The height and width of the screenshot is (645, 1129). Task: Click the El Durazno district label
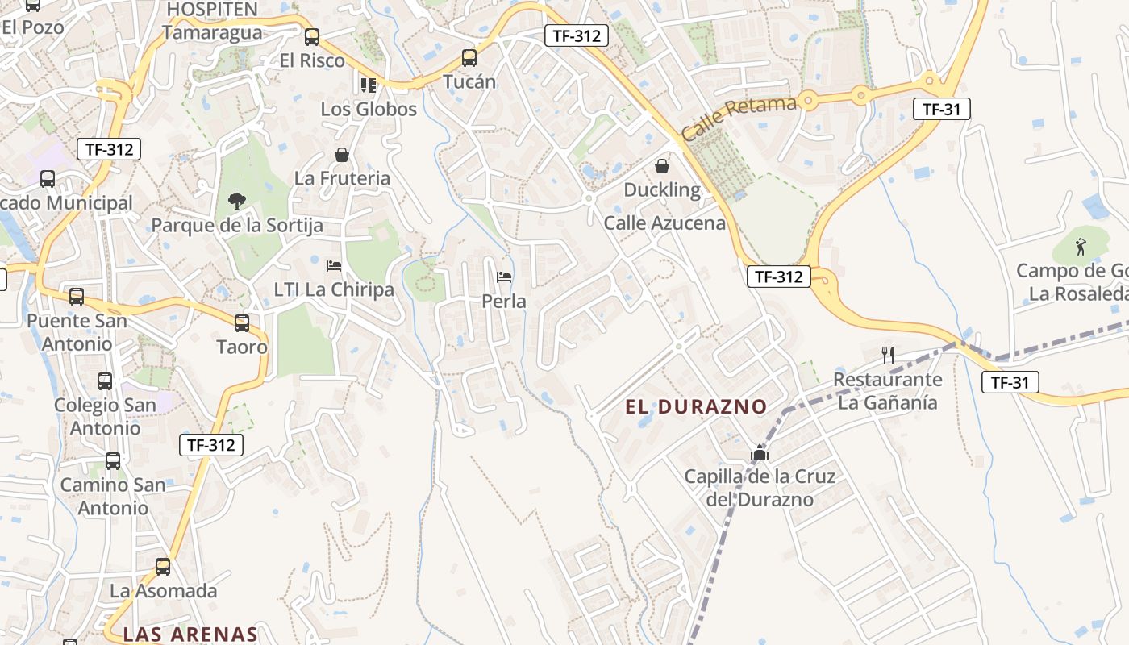point(695,407)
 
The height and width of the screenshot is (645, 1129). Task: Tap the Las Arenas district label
point(190,635)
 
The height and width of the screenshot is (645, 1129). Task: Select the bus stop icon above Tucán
point(469,58)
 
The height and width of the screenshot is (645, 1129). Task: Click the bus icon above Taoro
point(242,323)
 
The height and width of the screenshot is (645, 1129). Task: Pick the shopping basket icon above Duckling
point(662,167)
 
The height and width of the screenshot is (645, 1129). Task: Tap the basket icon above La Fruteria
point(342,155)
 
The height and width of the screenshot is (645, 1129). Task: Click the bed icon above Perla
point(504,277)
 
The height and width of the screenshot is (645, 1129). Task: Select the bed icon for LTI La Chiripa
point(334,266)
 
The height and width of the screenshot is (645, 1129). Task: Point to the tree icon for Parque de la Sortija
point(236,201)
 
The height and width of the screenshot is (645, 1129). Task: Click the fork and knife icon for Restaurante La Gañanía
point(888,355)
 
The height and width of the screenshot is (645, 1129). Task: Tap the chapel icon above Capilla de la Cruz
point(759,453)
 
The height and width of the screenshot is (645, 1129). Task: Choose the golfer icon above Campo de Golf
point(1081,246)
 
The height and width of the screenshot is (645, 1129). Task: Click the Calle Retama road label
point(739,118)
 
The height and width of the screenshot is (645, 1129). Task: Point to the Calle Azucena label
point(664,223)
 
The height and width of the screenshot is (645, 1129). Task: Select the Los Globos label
point(369,109)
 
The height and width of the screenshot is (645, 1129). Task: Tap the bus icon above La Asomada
point(163,567)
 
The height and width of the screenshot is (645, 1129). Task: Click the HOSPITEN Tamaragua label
point(212,21)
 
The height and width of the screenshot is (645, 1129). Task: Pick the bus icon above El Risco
point(312,36)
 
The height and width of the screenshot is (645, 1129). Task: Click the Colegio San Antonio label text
point(105,416)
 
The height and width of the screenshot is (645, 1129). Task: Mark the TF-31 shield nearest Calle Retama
point(941,110)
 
